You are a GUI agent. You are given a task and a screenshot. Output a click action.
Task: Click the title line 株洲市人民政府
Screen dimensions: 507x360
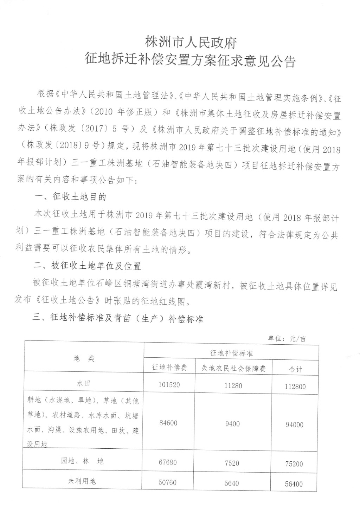pyautogui.click(x=191, y=43)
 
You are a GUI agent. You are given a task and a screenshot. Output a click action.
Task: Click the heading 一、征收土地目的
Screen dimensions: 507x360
pyautogui.click(x=70, y=197)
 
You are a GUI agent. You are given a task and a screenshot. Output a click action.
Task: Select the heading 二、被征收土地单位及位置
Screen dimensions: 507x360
pyautogui.click(x=87, y=266)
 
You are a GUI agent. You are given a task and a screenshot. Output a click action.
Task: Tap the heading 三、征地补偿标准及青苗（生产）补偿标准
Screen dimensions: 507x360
pyautogui.click(x=118, y=318)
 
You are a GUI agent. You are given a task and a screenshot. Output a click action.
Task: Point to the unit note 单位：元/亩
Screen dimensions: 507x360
pyautogui.click(x=287, y=339)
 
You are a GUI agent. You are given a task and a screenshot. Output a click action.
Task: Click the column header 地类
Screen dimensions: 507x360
pyautogui.click(x=84, y=358)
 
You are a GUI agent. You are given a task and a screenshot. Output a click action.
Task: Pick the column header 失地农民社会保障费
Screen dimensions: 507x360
pyautogui.click(x=233, y=368)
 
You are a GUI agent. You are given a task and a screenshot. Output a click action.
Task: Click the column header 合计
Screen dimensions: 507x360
pyautogui.click(x=295, y=369)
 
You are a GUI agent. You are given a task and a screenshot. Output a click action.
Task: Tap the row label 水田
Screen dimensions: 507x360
pyautogui.click(x=84, y=383)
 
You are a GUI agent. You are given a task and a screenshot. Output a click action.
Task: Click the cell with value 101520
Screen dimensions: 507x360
pyautogui.click(x=169, y=385)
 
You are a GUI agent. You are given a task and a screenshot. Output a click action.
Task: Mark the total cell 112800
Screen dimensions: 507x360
pyautogui.click(x=295, y=386)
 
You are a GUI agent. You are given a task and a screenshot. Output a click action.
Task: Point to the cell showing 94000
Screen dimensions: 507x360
pyautogui.click(x=294, y=425)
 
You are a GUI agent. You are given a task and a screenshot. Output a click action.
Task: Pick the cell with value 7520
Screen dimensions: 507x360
pyautogui.click(x=232, y=463)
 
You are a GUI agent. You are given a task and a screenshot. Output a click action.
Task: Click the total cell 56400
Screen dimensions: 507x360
pyautogui.click(x=294, y=484)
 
